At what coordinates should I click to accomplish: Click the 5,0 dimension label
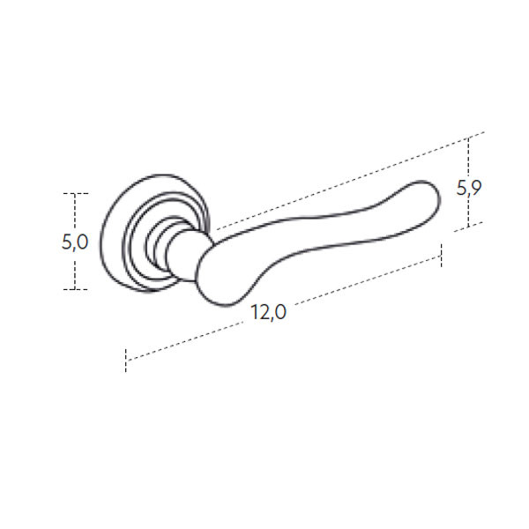point(75,242)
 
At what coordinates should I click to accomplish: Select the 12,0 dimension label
point(269,312)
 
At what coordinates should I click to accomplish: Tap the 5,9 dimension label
point(469,188)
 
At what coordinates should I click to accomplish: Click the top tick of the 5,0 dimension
point(76,194)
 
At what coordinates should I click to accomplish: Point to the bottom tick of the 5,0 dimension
point(76,289)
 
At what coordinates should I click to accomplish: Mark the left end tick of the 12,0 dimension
point(126,361)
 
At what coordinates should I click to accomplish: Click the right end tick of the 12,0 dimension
point(441,256)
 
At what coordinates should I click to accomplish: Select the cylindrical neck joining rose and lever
point(184,255)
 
